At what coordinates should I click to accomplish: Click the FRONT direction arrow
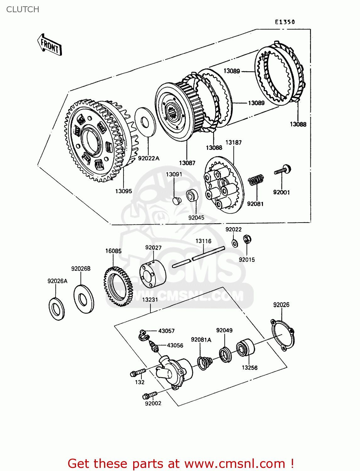tap(49, 46)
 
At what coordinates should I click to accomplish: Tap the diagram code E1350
tap(285, 22)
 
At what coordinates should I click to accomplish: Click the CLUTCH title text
tap(23, 9)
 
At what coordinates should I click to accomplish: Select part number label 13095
tap(123, 191)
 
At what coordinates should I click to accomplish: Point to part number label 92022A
tap(149, 158)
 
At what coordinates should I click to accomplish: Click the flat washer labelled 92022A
tap(145, 122)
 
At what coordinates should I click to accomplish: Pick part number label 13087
tap(187, 163)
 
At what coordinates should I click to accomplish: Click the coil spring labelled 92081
tap(256, 179)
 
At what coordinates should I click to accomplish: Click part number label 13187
tap(233, 143)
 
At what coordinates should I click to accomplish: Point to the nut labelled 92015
tap(247, 239)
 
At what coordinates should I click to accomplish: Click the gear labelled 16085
tap(118, 286)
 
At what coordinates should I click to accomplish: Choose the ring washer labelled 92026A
tap(57, 309)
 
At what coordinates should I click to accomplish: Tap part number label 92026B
tap(81, 268)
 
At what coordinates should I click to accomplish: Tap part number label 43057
tap(166, 331)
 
